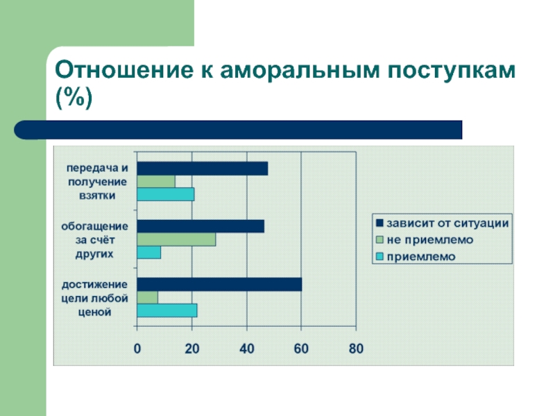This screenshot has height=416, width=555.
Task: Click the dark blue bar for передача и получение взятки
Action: pos(202,168)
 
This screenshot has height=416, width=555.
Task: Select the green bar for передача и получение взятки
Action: pos(155,182)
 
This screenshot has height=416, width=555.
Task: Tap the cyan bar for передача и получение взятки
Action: pos(165,194)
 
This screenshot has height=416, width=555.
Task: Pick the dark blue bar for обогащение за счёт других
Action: pos(200,226)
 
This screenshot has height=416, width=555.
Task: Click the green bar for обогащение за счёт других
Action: pos(176,239)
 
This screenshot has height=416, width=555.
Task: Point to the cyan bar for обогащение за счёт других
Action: pos(148,252)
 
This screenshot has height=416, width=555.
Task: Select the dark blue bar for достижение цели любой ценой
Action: pos(219,284)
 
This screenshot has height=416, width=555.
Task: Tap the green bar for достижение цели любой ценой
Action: pos(147,297)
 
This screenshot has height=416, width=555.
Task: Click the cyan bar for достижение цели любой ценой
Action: pos(166,311)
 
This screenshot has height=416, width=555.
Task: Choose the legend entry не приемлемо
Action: pos(429,240)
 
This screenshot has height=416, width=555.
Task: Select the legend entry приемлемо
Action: pos(420,257)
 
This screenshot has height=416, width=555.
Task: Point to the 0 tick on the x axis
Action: pos(137,348)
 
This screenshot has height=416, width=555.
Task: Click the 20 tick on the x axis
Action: pos(191,348)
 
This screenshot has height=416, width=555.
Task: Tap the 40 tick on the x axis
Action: pos(246,348)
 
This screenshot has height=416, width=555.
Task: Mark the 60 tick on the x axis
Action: pos(301,348)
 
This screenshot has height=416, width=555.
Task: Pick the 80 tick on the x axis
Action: pos(356,348)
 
